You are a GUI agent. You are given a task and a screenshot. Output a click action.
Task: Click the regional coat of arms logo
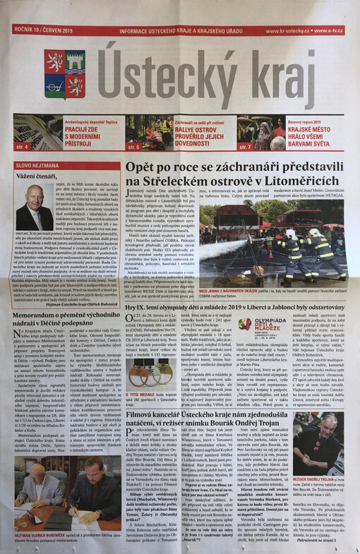pos(65,73)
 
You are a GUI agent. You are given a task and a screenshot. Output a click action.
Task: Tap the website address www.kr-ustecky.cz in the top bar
pos(287,31)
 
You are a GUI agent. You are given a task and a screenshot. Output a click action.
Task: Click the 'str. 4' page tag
pos(21,146)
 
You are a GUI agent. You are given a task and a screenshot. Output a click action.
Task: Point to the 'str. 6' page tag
pos(133,146)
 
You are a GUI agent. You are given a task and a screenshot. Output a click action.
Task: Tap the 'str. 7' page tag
pos(244,146)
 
